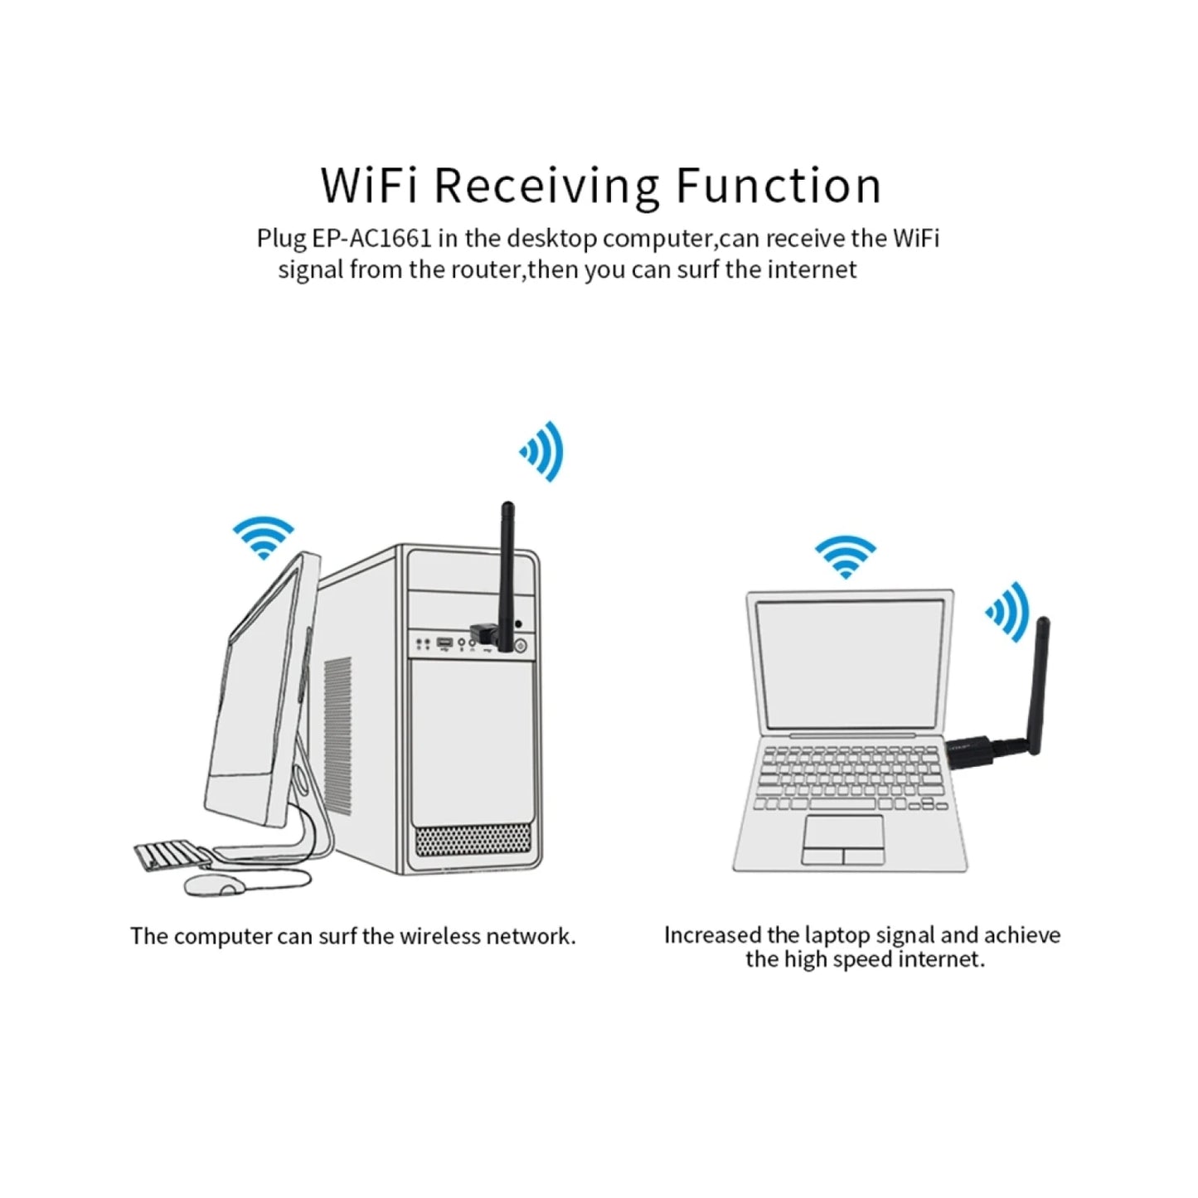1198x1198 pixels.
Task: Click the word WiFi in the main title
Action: pyautogui.click(x=368, y=186)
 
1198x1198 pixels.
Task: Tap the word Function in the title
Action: pyautogui.click(x=778, y=186)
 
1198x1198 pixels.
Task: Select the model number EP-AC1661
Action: pyautogui.click(x=371, y=239)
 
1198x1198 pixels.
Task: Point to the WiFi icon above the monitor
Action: pyautogui.click(x=264, y=537)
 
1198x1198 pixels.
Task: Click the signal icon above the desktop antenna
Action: pyautogui.click(x=543, y=451)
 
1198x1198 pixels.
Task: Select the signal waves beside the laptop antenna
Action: pyautogui.click(x=1008, y=611)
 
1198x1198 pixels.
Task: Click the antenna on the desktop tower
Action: pyautogui.click(x=507, y=564)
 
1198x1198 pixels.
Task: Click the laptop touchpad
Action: pyautogui.click(x=842, y=840)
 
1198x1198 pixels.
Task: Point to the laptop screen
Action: pyautogui.click(x=850, y=663)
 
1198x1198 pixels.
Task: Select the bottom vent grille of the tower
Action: pyautogui.click(x=472, y=841)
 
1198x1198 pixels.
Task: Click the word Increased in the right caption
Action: pyautogui.click(x=712, y=935)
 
